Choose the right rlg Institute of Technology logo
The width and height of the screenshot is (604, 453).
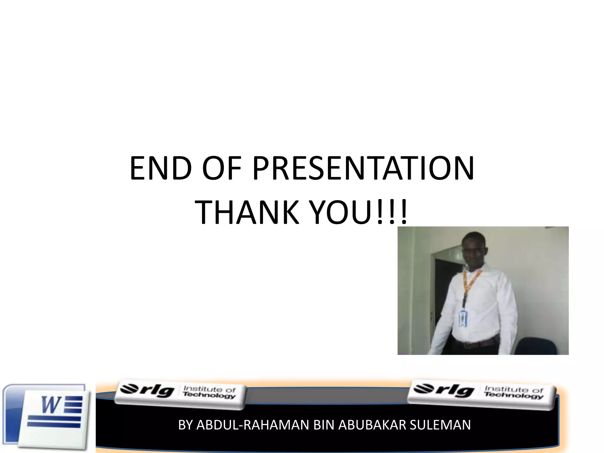[x=482, y=394]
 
